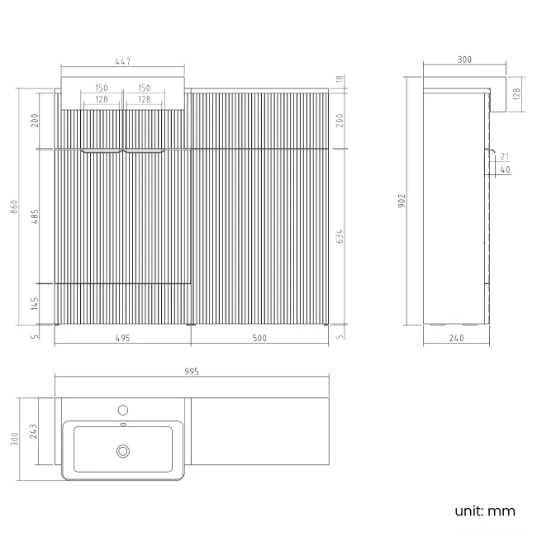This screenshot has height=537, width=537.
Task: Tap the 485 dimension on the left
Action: [35, 216]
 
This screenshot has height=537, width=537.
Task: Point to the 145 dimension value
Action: [35, 303]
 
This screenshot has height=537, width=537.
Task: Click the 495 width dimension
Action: [123, 338]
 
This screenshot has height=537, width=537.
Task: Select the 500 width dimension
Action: [259, 338]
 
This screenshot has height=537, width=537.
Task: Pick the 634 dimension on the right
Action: [340, 236]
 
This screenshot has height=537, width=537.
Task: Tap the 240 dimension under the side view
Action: [456, 338]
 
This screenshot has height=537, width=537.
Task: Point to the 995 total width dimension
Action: [191, 372]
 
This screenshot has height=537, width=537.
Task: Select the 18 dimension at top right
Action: [340, 79]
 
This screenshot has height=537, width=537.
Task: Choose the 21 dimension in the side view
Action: [505, 156]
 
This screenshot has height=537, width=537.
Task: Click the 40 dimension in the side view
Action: [505, 170]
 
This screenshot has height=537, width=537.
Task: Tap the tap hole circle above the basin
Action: [123, 410]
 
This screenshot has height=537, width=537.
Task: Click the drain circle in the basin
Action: [123, 450]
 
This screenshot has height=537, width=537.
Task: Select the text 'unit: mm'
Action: [484, 511]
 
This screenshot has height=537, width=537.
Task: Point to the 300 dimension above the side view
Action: [463, 59]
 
